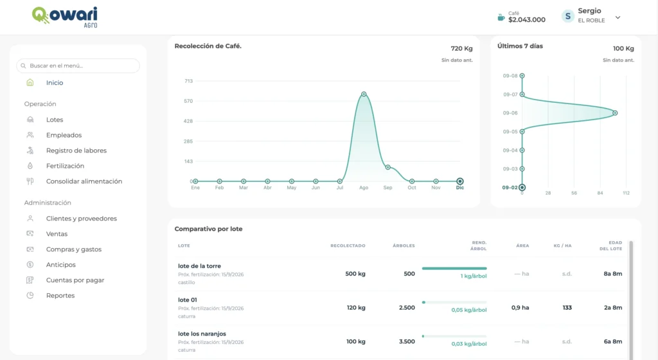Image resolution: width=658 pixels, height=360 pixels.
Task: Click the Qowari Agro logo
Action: (x=65, y=17)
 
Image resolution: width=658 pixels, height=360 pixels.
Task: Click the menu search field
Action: (x=78, y=66)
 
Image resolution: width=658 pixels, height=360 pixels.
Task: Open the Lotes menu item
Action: (x=55, y=120)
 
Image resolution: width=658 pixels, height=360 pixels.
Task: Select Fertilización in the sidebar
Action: (x=65, y=166)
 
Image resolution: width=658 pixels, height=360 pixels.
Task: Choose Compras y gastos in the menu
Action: (x=74, y=249)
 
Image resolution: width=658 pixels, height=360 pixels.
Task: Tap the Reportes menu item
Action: (x=60, y=295)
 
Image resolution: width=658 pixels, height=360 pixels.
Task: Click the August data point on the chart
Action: (x=364, y=94)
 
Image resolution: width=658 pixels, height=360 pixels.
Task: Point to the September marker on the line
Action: (x=387, y=167)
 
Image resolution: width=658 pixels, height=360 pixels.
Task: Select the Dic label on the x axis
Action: (x=460, y=188)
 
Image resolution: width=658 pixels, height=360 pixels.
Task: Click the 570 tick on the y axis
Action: (x=188, y=101)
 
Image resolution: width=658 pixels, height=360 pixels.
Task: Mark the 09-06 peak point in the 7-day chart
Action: (x=615, y=113)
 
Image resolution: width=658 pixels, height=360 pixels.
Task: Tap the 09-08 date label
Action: (x=510, y=76)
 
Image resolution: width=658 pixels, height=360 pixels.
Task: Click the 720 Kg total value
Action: (x=461, y=49)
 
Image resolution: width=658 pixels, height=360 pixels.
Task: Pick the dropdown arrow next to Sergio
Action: (x=618, y=17)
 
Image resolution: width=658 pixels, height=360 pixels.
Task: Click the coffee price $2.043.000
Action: (x=527, y=20)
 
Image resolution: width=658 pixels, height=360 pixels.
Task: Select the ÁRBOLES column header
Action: (x=404, y=246)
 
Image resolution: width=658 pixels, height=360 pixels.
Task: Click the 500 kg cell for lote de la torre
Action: (x=355, y=274)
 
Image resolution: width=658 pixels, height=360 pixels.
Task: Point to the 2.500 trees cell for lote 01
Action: (x=407, y=307)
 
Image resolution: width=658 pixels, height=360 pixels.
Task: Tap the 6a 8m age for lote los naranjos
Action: (x=613, y=341)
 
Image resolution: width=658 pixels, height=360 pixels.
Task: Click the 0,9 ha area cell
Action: (x=520, y=307)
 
